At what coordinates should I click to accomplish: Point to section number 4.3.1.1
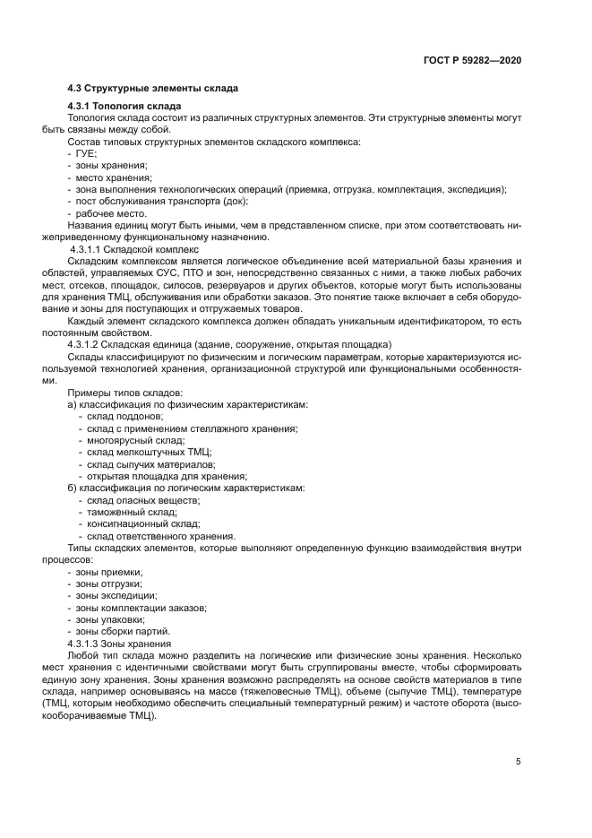86,248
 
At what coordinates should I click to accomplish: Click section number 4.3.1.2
86,344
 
